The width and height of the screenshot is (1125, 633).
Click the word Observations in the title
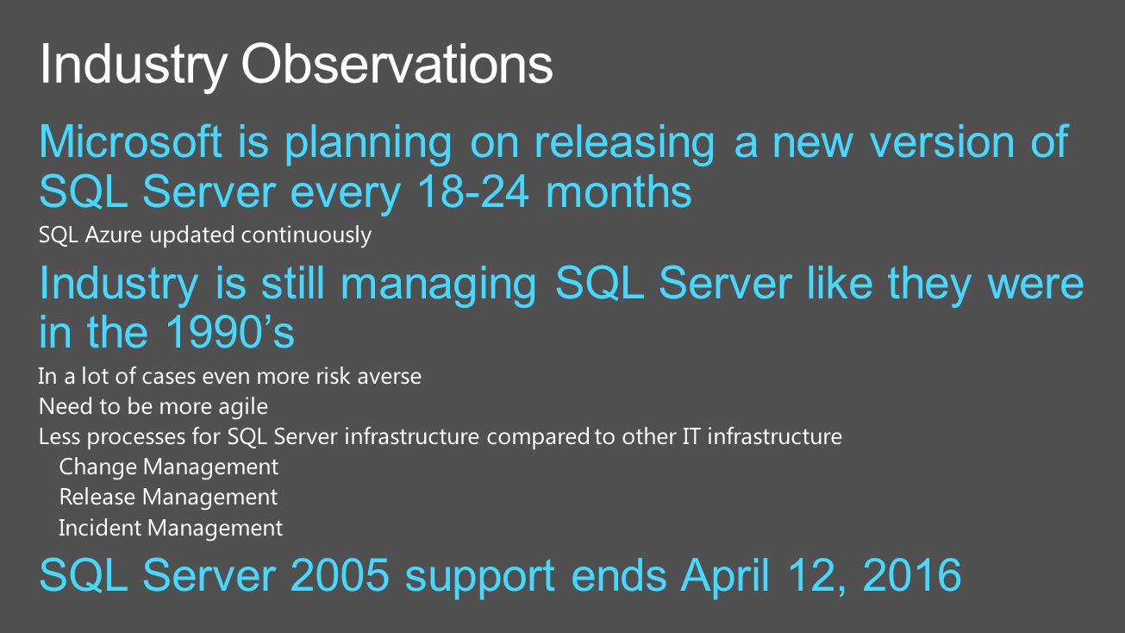click(397, 65)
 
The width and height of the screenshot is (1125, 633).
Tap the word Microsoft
click(130, 142)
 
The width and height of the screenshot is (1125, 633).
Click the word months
click(619, 192)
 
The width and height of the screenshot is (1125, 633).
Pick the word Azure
click(114, 235)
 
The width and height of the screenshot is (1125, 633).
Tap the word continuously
click(306, 236)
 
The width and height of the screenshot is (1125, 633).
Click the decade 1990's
click(229, 332)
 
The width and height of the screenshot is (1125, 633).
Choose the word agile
click(243, 407)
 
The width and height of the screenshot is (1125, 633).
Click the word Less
click(59, 436)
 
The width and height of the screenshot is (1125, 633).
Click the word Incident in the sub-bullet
click(100, 528)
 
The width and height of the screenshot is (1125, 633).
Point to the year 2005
click(340, 575)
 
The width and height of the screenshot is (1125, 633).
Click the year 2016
click(912, 575)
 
